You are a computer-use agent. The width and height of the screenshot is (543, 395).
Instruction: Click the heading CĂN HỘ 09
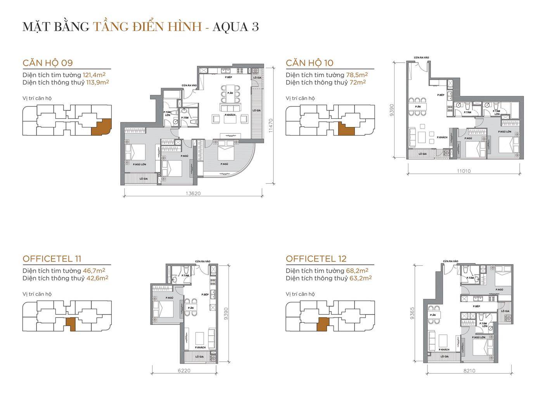coord(48,63)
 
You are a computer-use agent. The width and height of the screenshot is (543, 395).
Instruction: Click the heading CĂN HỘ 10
coord(310,63)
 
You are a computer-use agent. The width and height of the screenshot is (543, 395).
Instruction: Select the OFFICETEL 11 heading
coord(52,259)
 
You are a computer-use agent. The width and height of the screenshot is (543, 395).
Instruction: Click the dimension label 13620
coord(193,194)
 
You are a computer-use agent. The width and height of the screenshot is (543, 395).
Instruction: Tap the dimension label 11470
coord(271,126)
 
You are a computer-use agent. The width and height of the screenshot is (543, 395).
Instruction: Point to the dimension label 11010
coord(463,170)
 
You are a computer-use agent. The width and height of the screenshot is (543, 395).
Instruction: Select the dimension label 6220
coord(184,370)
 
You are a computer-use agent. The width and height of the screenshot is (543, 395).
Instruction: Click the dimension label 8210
coord(469,370)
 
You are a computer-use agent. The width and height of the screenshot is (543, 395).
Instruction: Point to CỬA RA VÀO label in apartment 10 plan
coord(421,58)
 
